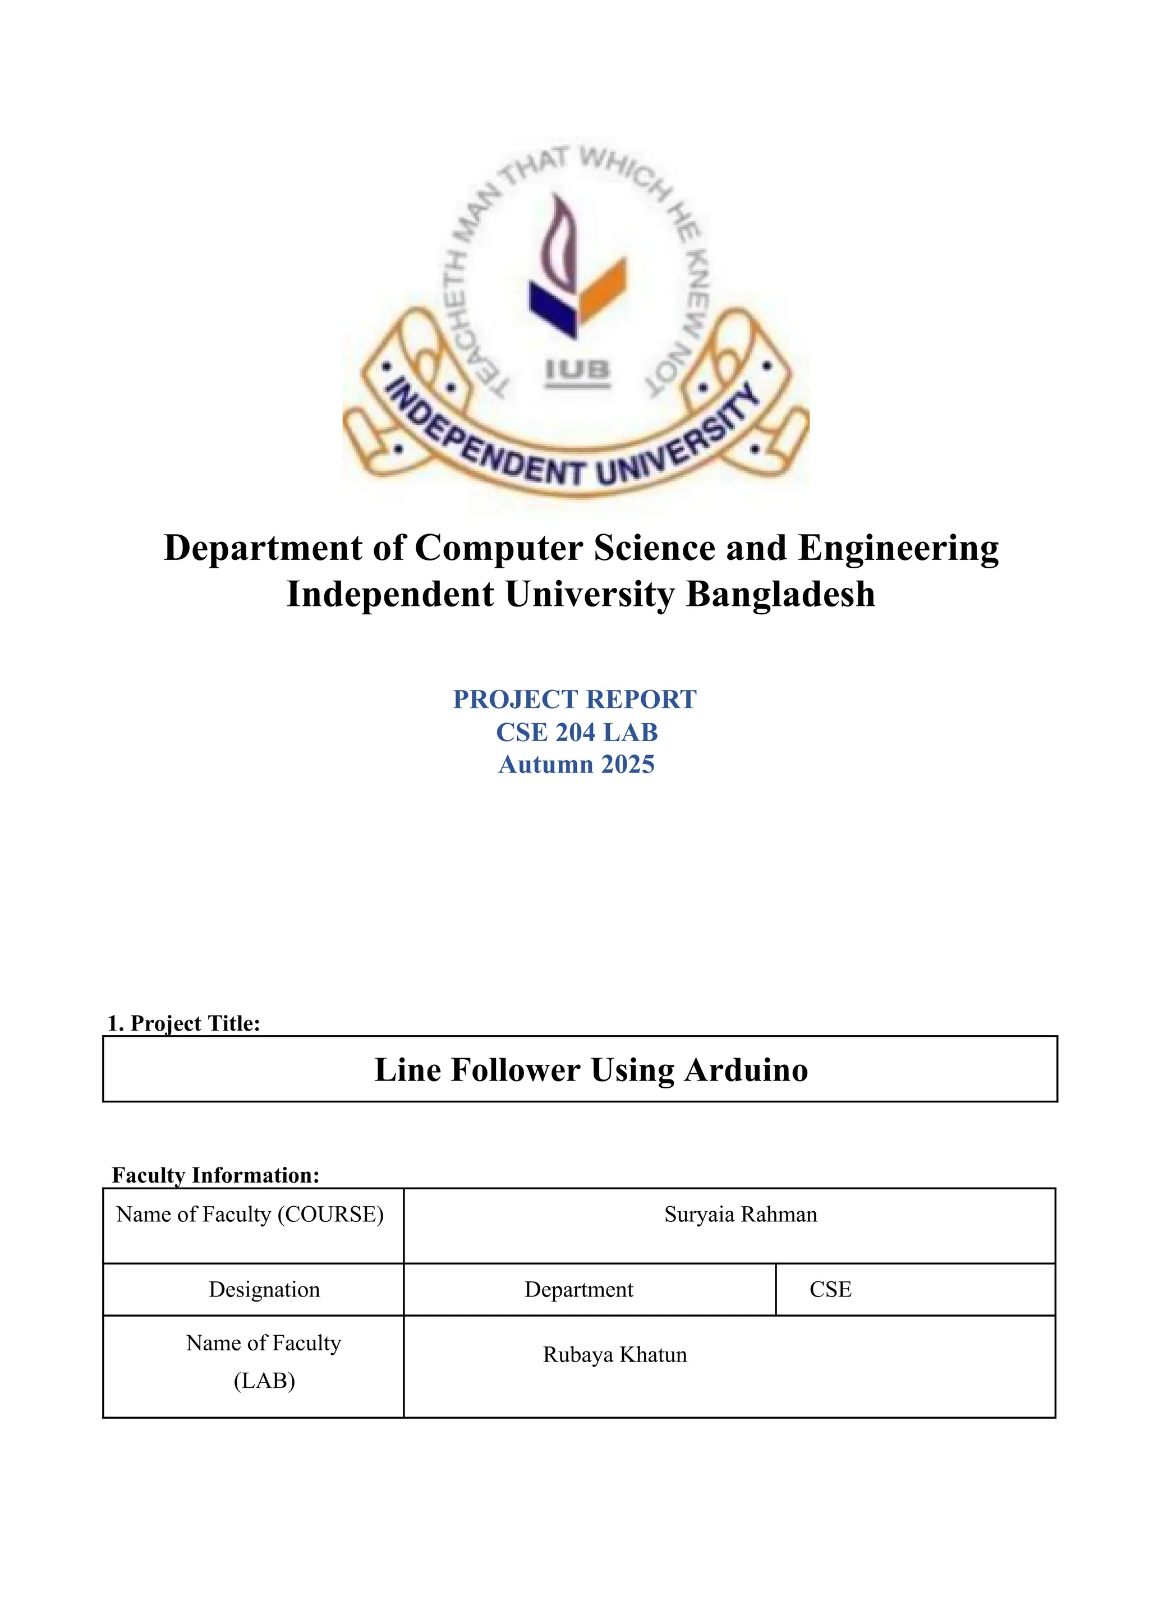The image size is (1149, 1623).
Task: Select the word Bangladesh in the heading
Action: point(780,594)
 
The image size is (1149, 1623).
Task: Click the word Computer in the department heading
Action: point(498,548)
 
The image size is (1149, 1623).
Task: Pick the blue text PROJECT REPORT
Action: point(574,699)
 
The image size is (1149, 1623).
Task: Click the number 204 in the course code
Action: point(575,732)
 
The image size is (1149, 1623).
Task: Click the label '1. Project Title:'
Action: point(184,1023)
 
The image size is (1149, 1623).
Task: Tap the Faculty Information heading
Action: point(216,1175)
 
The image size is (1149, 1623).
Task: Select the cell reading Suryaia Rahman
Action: point(740,1215)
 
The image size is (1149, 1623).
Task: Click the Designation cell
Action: point(264,1289)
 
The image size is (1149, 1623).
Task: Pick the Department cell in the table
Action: point(579,1289)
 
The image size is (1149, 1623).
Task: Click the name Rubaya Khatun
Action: point(615,1354)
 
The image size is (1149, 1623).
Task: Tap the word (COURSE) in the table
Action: point(330,1215)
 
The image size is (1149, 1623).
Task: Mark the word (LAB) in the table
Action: point(264,1380)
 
